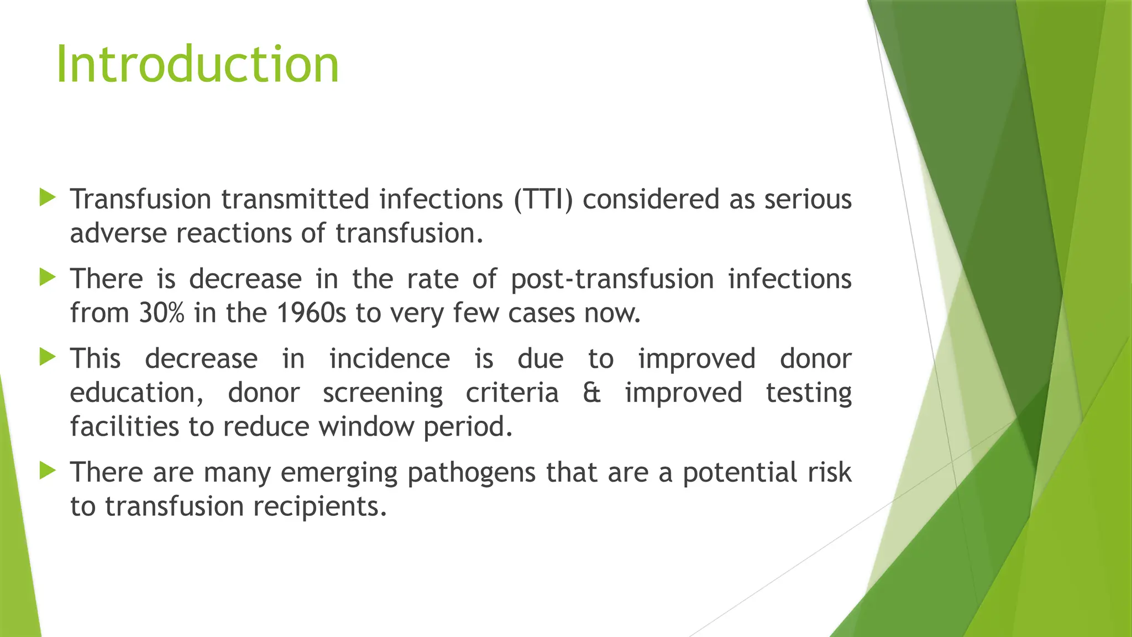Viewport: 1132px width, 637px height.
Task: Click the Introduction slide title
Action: tap(197, 65)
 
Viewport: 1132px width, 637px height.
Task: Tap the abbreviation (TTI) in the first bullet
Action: tap(543, 200)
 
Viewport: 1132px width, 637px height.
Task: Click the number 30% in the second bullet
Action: tap(161, 313)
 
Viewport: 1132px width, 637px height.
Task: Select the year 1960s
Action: tap(311, 313)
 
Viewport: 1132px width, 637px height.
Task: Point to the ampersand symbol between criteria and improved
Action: tap(591, 393)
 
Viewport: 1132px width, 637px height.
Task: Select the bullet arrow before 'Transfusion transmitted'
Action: tap(48, 197)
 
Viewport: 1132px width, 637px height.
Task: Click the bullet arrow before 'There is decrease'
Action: tap(48, 277)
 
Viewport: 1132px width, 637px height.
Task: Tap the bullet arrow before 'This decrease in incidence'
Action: tap(48, 357)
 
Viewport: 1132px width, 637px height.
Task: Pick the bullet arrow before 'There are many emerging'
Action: tap(48, 471)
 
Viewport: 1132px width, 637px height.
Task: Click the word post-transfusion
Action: tap(612, 279)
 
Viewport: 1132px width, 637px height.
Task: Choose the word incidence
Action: tap(390, 359)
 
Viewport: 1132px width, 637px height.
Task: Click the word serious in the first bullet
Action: tap(808, 200)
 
